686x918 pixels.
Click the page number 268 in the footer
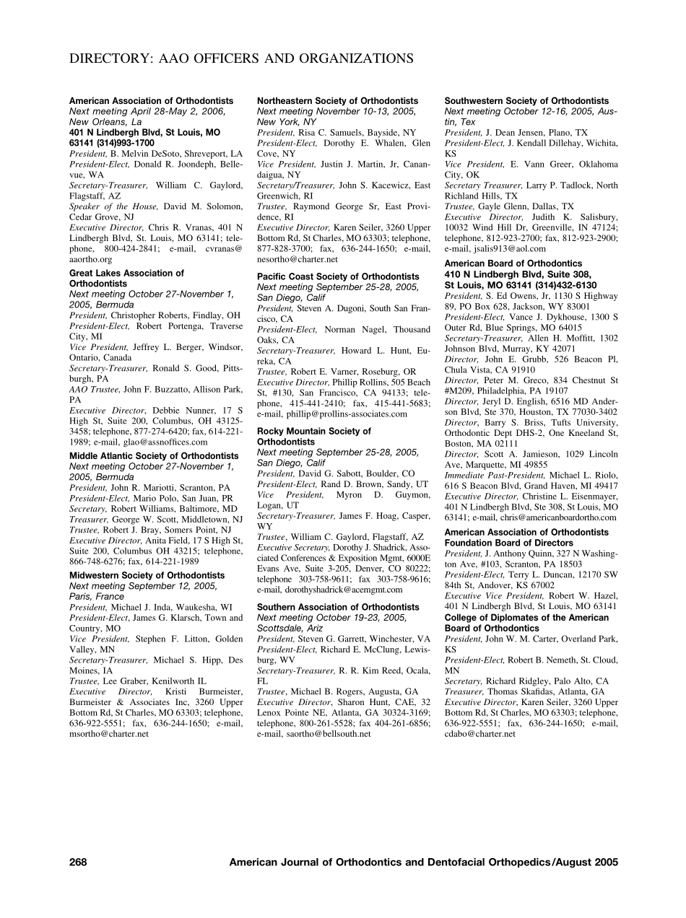pyautogui.click(x=78, y=862)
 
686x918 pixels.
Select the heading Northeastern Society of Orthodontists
pyautogui.click(x=337, y=101)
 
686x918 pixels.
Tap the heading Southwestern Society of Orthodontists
pyautogui.click(x=526, y=101)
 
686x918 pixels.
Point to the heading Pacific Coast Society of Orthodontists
pyautogui.click(x=338, y=276)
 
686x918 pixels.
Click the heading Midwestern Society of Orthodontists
pyautogui.click(x=147, y=575)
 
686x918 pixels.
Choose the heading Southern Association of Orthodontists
pyautogui.click(x=338, y=607)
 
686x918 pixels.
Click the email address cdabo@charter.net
pyautogui.click(x=480, y=734)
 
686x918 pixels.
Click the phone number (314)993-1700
pyautogui.click(x=128, y=144)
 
